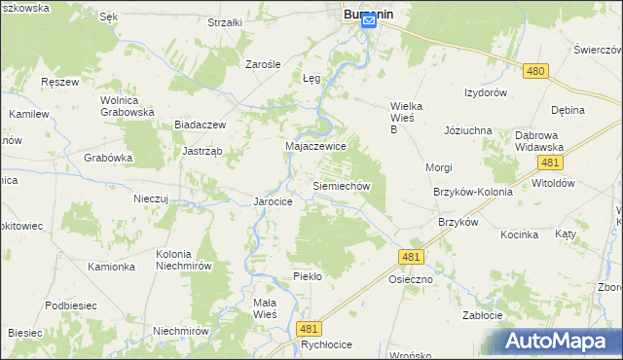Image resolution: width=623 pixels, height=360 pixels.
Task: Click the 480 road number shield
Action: tap(534, 71)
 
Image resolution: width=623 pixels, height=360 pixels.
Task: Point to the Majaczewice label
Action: tap(315, 145)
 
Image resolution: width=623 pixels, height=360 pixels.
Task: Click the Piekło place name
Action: tap(308, 276)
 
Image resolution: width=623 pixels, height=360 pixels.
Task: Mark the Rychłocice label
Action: tap(325, 343)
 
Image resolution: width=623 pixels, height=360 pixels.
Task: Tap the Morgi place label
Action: tap(438, 167)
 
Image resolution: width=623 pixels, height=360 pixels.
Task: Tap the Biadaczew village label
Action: tap(200, 125)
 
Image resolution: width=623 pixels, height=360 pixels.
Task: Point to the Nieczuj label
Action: tap(151, 198)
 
